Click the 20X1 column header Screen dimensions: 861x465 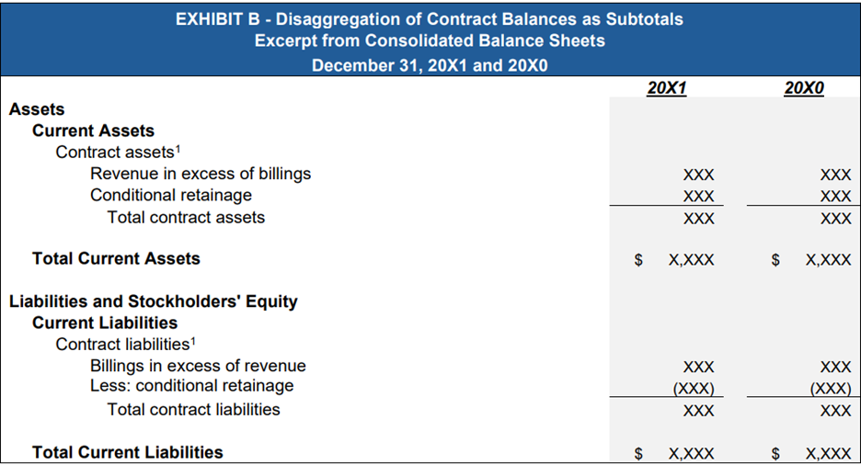tap(667, 87)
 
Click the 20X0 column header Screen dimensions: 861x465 tap(804, 87)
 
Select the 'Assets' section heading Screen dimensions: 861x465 tap(37, 109)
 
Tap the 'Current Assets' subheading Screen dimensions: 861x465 tap(93, 130)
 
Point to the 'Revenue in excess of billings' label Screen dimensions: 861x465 tap(201, 174)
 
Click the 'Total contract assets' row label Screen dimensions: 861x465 tap(186, 217)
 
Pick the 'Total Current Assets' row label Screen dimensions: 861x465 tap(117, 258)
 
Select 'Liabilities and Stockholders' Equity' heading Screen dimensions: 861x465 tap(154, 301)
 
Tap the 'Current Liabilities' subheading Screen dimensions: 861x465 tap(105, 323)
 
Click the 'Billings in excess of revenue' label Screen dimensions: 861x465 tap(198, 366)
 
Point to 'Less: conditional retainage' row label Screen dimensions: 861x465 tap(192, 385)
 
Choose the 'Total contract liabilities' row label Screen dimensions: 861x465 tap(194, 409)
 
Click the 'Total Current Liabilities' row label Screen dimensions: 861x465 tap(128, 452)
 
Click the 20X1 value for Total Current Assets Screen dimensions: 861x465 tap(692, 260)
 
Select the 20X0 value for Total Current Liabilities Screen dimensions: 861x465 tap(829, 453)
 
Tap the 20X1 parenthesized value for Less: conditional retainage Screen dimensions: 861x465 tap(694, 389)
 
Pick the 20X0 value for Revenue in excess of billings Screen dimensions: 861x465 tap(836, 175)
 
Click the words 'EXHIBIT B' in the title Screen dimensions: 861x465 tap(217, 19)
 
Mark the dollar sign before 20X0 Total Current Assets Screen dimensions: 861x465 tap(775, 260)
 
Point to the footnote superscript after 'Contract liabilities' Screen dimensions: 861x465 tap(193, 341)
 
